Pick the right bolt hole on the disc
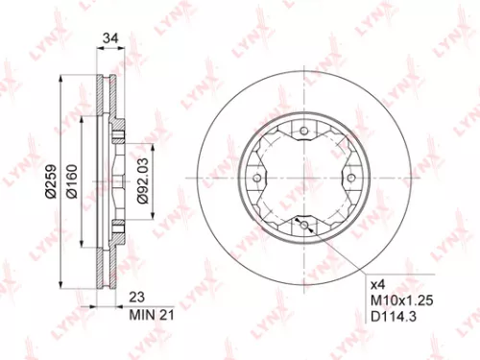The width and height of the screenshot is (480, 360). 349,179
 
